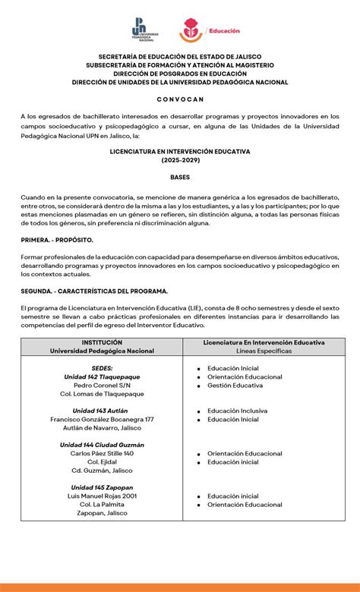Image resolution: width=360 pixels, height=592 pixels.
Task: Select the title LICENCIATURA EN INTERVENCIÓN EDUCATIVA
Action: pyautogui.click(x=180, y=151)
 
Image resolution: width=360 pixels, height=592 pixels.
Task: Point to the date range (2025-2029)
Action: pyautogui.click(x=180, y=160)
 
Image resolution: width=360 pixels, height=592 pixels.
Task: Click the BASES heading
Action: pyautogui.click(x=180, y=177)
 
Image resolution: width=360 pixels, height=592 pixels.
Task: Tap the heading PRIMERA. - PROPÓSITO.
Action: pyautogui.click(x=57, y=238)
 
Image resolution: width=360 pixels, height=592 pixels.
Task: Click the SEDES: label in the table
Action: pyautogui.click(x=102, y=367)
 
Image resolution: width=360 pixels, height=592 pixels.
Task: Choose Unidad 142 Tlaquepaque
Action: pyautogui.click(x=102, y=376)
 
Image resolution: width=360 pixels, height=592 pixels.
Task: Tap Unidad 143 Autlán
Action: pyautogui.click(x=102, y=411)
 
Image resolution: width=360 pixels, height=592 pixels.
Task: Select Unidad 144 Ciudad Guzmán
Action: pyautogui.click(x=102, y=445)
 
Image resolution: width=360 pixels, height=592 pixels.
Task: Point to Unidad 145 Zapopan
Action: pyautogui.click(x=102, y=487)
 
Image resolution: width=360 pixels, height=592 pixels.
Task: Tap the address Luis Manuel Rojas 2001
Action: pyautogui.click(x=102, y=496)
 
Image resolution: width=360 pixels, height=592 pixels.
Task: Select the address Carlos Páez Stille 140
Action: pyautogui.click(x=102, y=453)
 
